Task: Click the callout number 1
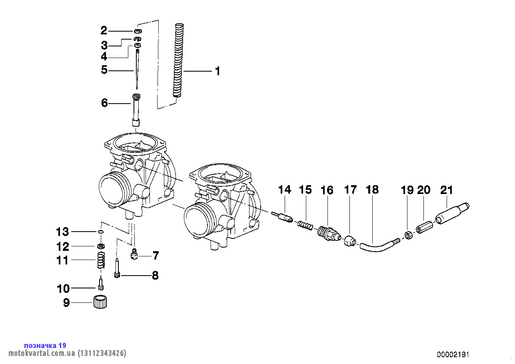(x=218, y=71)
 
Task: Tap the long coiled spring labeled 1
(x=178, y=60)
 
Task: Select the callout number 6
(x=104, y=103)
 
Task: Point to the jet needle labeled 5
(x=137, y=69)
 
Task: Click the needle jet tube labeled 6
(x=136, y=110)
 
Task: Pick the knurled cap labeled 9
(x=100, y=302)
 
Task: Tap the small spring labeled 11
(x=101, y=260)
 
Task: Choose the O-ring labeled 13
(x=100, y=232)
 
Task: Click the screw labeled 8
(x=117, y=268)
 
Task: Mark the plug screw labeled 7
(x=134, y=254)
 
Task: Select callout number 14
(x=284, y=190)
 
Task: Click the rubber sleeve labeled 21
(x=452, y=213)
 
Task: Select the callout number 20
(x=423, y=190)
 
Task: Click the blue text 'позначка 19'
(x=45, y=346)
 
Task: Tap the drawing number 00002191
(x=453, y=354)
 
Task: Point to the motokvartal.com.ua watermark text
(x=67, y=353)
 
